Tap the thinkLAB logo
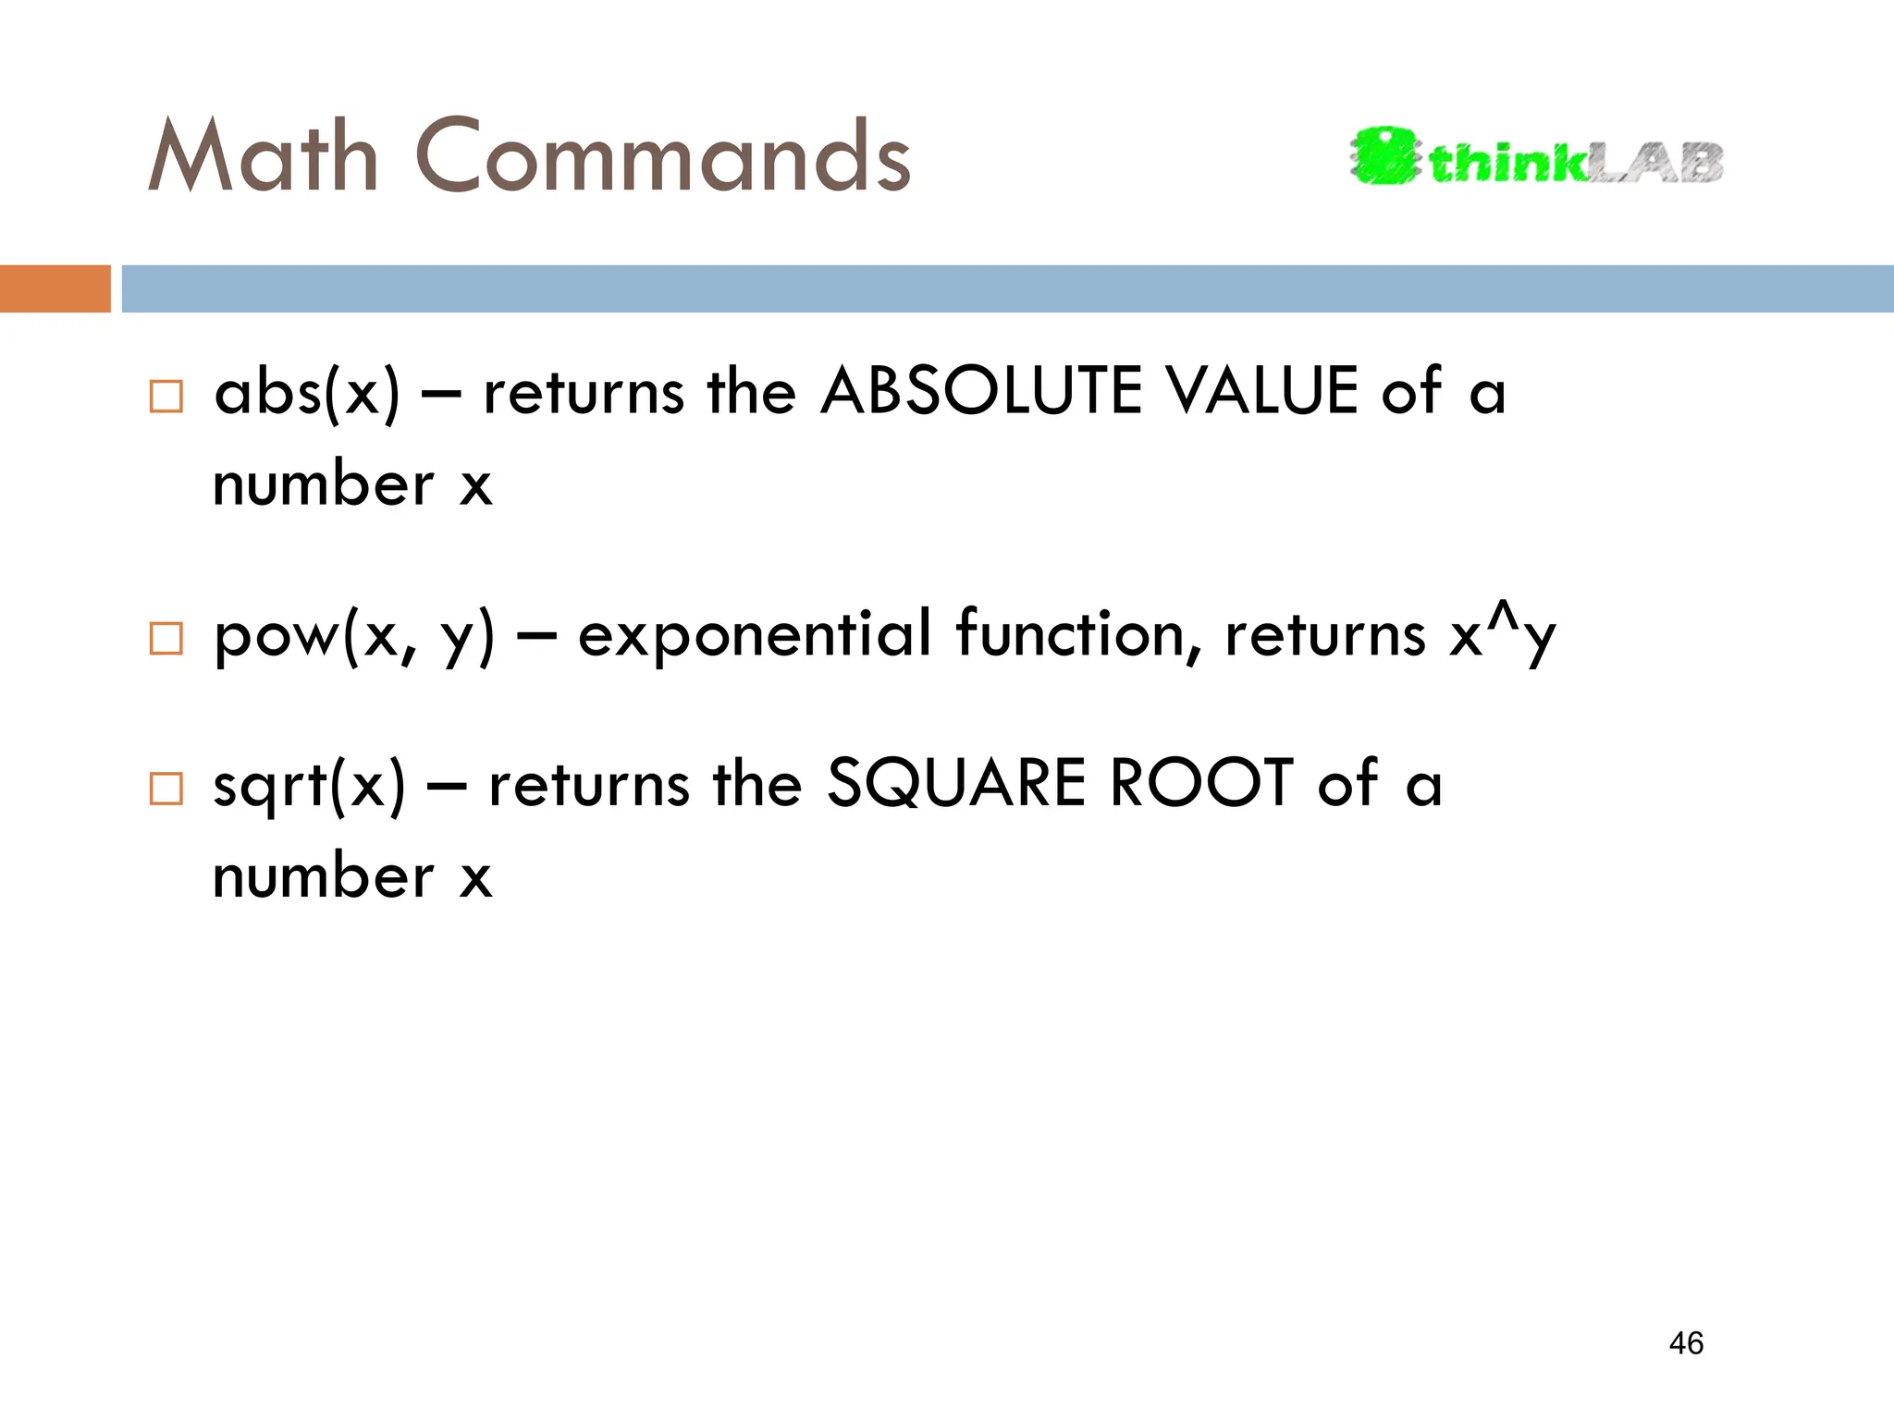pyautogui.click(x=1536, y=157)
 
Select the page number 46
pyautogui.click(x=1686, y=1343)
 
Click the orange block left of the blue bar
pyautogui.click(x=55, y=288)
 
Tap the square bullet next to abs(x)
pyautogui.click(x=166, y=396)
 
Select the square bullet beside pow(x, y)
pyautogui.click(x=166, y=638)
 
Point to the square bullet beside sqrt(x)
pyautogui.click(x=166, y=789)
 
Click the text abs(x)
pyautogui.click(x=307, y=393)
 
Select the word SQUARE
pyautogui.click(x=955, y=783)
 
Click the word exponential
pyautogui.click(x=754, y=634)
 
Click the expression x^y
pyautogui.click(x=1503, y=634)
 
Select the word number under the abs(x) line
pyautogui.click(x=323, y=484)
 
